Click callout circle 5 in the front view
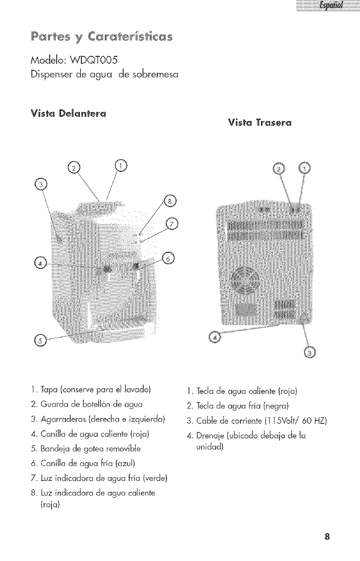coord(40,341)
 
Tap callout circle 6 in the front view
coord(169,258)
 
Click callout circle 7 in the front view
coord(173,225)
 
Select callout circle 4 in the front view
coord(40,263)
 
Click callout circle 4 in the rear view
coord(215,336)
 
